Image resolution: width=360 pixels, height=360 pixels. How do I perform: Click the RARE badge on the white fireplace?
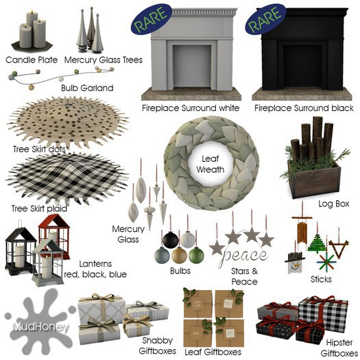pos(152,19)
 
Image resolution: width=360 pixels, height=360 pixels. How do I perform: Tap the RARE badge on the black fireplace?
pos(265,19)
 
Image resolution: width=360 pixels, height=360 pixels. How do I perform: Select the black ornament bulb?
pos(170,240)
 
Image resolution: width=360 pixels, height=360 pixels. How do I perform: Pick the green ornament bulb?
pos(196,255)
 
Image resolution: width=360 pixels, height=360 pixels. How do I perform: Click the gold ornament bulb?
pos(179,255)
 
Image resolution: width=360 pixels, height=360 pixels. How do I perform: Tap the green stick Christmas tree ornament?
pos(317,243)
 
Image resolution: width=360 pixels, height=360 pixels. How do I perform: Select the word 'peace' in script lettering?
pos(243,256)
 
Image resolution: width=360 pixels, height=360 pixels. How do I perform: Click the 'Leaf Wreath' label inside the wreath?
pos(210,164)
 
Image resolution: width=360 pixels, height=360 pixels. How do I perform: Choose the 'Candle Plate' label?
pos(32,60)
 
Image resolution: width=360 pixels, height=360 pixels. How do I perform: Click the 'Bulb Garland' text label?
pos(87,88)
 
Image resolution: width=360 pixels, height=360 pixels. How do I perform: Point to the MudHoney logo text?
pos(40,326)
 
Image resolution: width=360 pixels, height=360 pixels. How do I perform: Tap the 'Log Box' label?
pos(333,204)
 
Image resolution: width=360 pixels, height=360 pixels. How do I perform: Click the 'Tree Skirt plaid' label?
pos(39,208)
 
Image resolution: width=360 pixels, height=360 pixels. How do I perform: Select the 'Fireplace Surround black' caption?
pos(304,108)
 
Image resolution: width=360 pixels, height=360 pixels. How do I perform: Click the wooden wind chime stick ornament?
pos(302,230)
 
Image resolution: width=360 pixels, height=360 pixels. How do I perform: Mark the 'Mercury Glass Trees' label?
pos(104,60)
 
